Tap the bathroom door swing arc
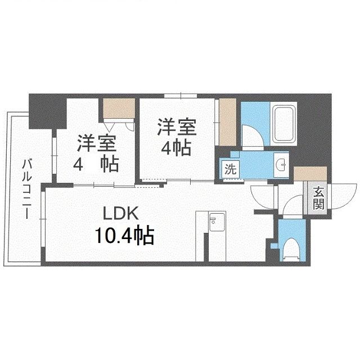tap(251, 135)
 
